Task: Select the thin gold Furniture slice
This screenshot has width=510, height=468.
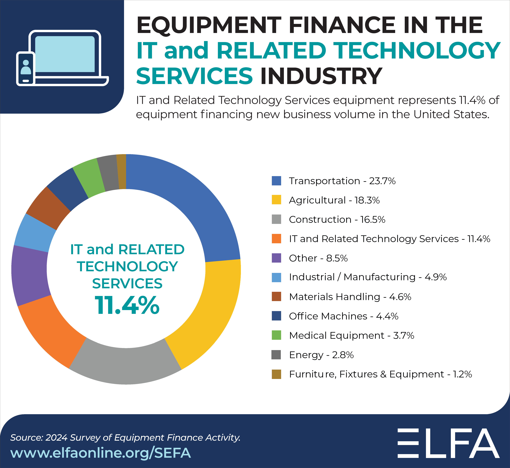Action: pyautogui.click(x=122, y=172)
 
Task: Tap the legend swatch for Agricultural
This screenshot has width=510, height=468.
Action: pyautogui.click(x=276, y=200)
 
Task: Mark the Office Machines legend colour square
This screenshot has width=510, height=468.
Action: pyautogui.click(x=276, y=316)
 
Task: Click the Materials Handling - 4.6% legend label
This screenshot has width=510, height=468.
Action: pyautogui.click(x=350, y=297)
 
